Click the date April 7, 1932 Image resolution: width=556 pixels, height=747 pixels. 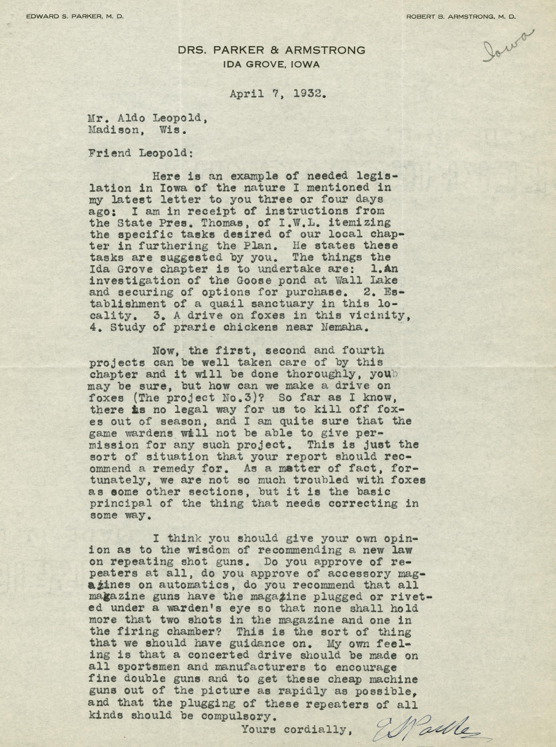click(x=278, y=95)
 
